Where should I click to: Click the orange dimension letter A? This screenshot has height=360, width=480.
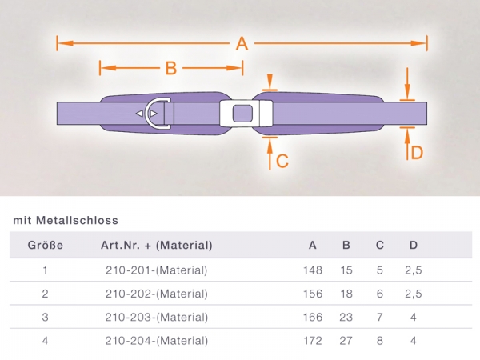click(x=242, y=44)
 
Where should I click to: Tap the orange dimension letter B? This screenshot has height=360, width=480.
click(x=171, y=68)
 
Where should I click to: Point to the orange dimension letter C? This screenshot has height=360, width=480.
click(x=282, y=161)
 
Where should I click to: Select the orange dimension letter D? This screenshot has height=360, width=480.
click(x=417, y=153)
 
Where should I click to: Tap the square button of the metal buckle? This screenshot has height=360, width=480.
click(x=242, y=114)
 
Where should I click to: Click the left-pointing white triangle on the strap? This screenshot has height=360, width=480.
click(x=139, y=114)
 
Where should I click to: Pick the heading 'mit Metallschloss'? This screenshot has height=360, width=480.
click(x=66, y=221)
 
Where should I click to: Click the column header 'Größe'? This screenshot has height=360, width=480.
click(x=46, y=246)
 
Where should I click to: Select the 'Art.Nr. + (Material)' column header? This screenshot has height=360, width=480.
click(x=157, y=246)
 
